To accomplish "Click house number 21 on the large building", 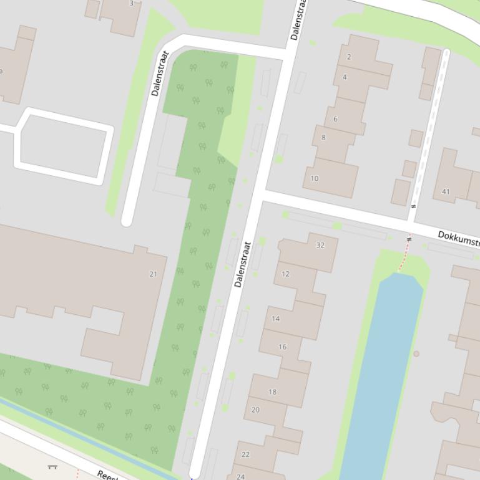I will (x=154, y=274).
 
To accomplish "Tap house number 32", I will (x=320, y=245).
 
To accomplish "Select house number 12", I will (x=285, y=274).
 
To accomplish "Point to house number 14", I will (x=276, y=318).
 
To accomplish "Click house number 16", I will (x=283, y=347).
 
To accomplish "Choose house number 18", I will (x=272, y=391).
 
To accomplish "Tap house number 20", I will (x=255, y=410).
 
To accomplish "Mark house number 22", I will (x=245, y=454).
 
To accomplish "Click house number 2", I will (x=349, y=57).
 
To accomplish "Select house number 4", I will (x=345, y=77).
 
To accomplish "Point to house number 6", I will (x=335, y=118).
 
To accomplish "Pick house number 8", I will (x=323, y=137).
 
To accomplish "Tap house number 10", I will (x=315, y=178).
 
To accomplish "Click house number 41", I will (x=446, y=191).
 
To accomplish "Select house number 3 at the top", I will (x=131, y=4).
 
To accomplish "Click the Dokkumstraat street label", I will (x=458, y=238).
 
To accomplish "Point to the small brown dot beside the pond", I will (x=416, y=353).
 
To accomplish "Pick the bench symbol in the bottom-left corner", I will (x=52, y=466).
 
